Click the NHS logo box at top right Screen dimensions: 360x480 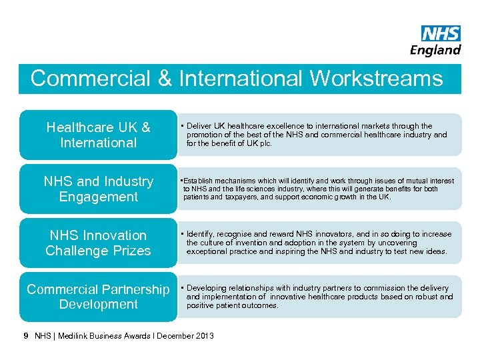pos(441,34)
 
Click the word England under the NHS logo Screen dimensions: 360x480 pos(435,50)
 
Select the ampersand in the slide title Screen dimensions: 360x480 pos(164,79)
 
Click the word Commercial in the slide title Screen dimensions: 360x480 pos(91,79)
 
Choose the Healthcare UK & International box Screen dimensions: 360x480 pos(98,135)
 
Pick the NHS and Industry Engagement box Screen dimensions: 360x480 pos(98,189)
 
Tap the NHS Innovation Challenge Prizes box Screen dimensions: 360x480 pos(98,243)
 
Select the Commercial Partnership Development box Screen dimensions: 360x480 pos(98,297)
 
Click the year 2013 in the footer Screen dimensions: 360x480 pos(205,336)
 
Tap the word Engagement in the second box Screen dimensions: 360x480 pos(98,197)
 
